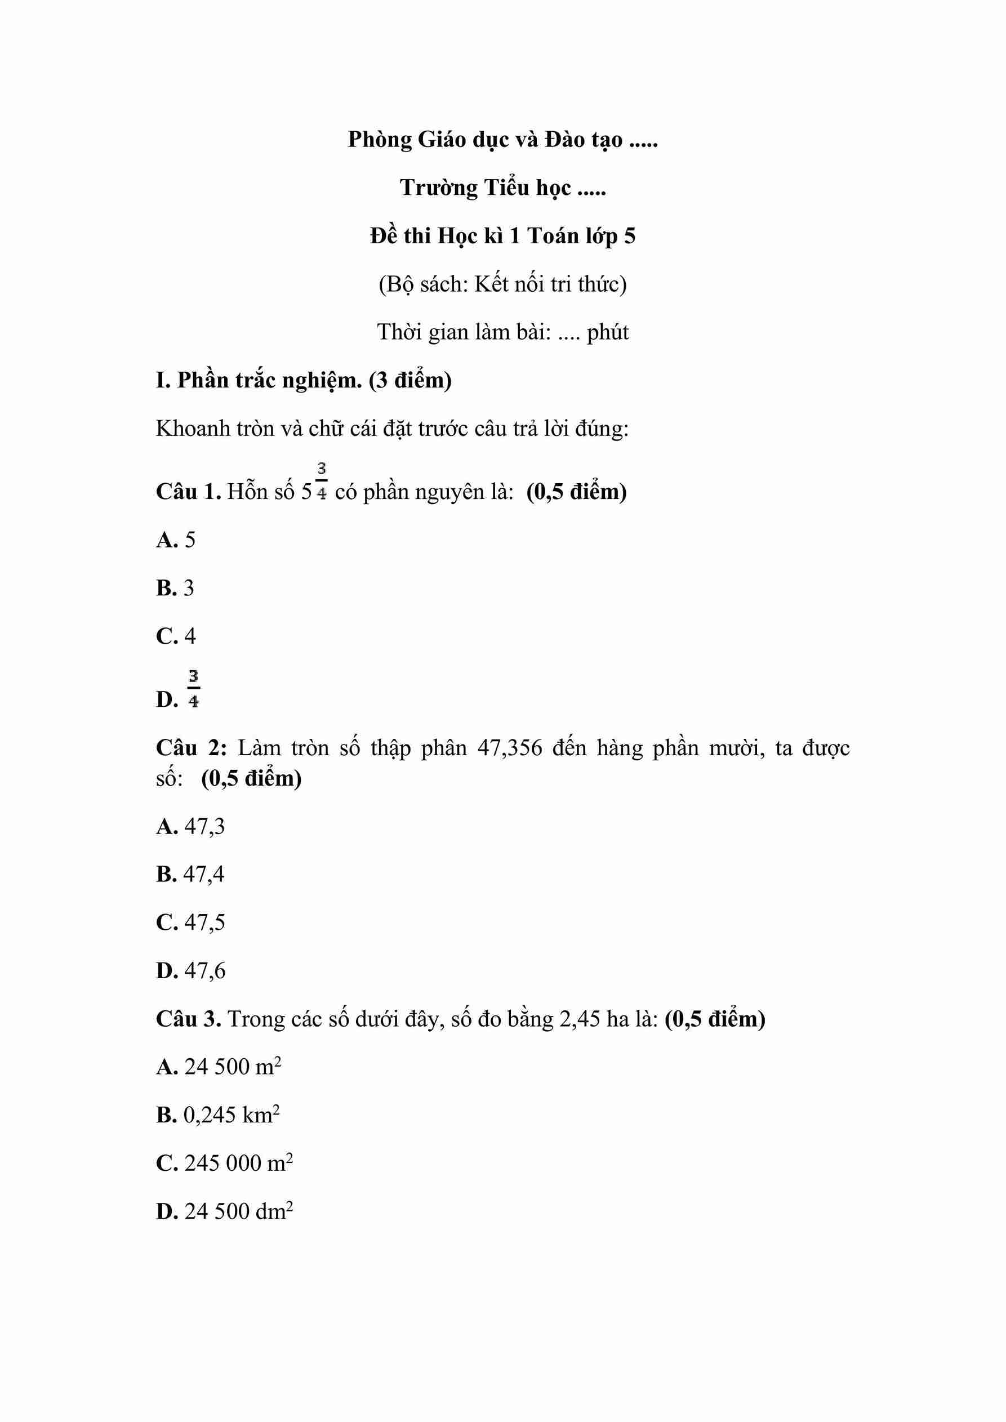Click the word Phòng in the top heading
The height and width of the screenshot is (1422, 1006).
pos(379,141)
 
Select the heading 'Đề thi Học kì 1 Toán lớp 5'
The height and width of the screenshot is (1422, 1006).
pos(502,236)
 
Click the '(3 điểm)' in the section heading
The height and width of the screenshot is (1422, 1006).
pos(410,380)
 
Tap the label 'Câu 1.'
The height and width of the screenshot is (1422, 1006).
pos(188,492)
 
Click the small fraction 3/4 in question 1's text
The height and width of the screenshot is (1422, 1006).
pos(322,481)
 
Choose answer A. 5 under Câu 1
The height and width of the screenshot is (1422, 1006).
pos(176,540)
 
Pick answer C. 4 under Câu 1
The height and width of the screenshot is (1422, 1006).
pos(176,636)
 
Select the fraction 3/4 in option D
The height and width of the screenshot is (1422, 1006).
pos(194,689)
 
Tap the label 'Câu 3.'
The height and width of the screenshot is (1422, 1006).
pos(188,1019)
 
